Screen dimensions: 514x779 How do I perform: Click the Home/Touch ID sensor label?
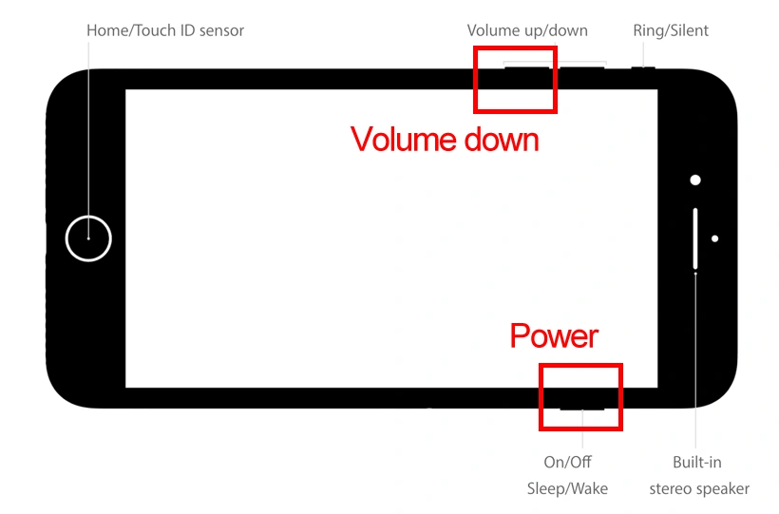coord(165,30)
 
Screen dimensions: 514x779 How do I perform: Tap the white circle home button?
coord(88,238)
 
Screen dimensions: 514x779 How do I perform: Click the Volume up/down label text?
coord(527,30)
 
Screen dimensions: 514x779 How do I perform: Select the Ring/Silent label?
coord(671,30)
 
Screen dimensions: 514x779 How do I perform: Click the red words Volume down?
coord(445,140)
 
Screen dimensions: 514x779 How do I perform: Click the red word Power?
coord(554,335)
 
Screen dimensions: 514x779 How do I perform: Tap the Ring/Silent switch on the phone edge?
coord(644,67)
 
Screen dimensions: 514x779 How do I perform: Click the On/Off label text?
coord(567,462)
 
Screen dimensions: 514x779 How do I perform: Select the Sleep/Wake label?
coord(567,488)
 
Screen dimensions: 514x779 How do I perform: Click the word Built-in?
coord(697,462)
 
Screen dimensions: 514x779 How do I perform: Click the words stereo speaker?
coord(699,488)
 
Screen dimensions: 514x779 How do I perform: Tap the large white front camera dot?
coord(695,180)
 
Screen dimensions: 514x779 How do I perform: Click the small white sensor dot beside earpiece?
coord(714,238)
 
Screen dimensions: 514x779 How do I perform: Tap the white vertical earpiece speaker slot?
coord(695,238)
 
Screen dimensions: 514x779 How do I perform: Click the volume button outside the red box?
coord(582,67)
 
